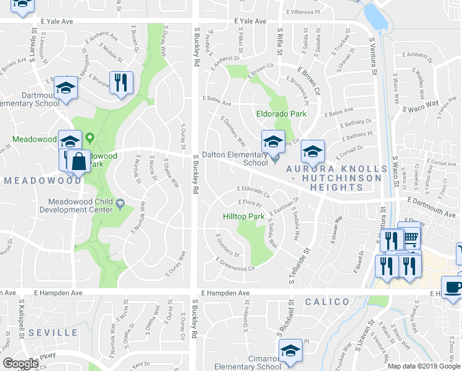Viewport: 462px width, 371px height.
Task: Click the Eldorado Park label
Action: pyautogui.click(x=281, y=114)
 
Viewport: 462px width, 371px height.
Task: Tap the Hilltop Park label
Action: pyautogui.click(x=243, y=217)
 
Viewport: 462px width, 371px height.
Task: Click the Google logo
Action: pyautogui.click(x=20, y=364)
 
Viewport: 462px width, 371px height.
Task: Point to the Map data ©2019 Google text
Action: pyautogui.click(x=424, y=366)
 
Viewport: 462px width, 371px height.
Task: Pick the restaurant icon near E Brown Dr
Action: pyautogui.click(x=121, y=82)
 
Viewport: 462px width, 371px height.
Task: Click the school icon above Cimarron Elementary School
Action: pyautogui.click(x=290, y=350)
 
